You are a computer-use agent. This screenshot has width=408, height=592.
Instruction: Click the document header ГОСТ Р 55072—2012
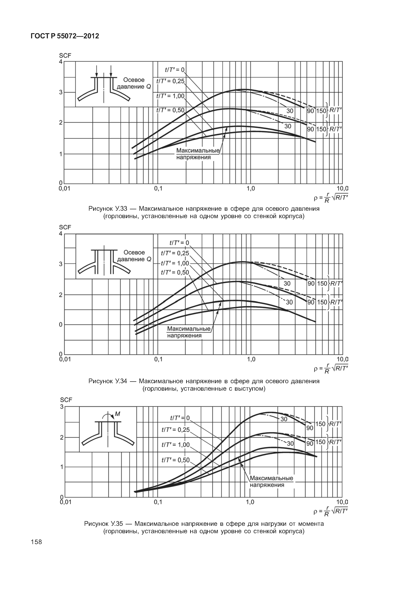(x=65, y=36)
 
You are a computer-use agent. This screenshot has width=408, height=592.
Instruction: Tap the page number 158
(x=36, y=542)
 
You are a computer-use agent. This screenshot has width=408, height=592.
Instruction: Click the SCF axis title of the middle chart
(x=65, y=227)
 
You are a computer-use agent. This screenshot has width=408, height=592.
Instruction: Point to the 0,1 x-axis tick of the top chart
(x=158, y=189)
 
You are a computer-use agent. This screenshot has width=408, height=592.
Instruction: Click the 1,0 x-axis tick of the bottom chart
(x=250, y=502)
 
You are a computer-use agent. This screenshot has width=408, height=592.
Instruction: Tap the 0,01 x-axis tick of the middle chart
(x=65, y=359)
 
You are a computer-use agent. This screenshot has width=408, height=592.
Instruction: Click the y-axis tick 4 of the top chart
(x=61, y=62)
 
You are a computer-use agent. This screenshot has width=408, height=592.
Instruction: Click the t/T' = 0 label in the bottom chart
(x=180, y=418)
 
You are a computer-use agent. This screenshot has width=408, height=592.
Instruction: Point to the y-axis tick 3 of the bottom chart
(x=62, y=407)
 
